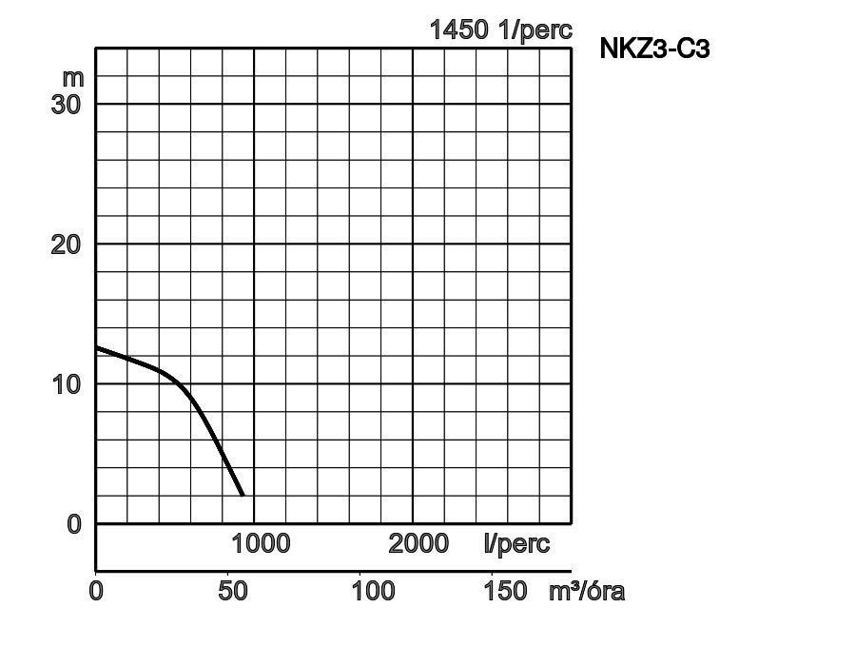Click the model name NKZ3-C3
click(x=654, y=49)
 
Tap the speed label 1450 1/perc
click(x=500, y=29)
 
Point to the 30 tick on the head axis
click(x=66, y=104)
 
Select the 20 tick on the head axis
click(x=66, y=245)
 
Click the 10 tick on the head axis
click(x=66, y=384)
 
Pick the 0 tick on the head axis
click(x=75, y=524)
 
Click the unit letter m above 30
click(x=73, y=76)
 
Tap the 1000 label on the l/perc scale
click(x=261, y=544)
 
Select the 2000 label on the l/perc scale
click(x=418, y=544)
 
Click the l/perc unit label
click(x=516, y=544)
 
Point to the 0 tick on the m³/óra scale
click(x=96, y=591)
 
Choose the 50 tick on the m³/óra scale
click(x=233, y=591)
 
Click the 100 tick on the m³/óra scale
click(x=373, y=591)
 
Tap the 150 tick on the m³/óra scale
click(x=505, y=591)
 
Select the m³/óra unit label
click(x=587, y=591)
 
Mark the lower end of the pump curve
click(x=243, y=496)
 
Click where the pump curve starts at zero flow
click(x=97, y=347)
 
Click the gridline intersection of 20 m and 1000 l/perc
click(x=255, y=244)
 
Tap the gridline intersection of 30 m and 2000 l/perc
click(x=413, y=104)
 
